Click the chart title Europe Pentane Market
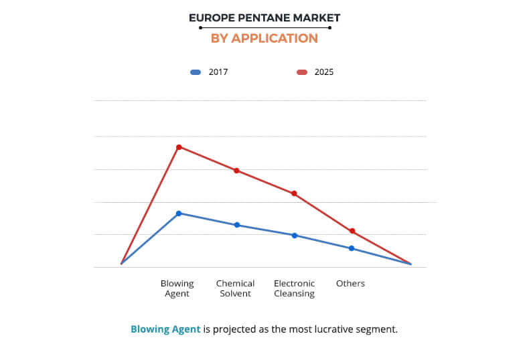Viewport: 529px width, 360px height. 264,17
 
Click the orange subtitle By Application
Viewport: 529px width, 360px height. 264,38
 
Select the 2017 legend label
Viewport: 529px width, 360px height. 218,72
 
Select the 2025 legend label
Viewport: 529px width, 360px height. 323,72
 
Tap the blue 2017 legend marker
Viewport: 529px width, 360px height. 196,72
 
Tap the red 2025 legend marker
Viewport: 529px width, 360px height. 302,72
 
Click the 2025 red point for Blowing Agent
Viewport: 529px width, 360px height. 179,147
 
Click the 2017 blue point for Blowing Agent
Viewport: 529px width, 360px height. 179,213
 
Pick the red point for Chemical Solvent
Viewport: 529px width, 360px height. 236,171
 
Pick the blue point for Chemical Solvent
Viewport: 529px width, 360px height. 236,225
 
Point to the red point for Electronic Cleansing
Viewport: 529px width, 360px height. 294,193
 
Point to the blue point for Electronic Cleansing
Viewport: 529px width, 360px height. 294,236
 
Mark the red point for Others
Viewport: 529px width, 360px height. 352,232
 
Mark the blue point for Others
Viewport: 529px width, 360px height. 352,248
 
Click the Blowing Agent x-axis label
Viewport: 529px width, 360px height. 177,288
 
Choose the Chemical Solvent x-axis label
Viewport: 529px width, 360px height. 234,288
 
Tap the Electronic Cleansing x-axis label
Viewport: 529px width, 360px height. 294,288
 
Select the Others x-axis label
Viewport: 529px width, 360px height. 350,284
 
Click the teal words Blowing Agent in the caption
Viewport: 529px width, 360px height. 165,329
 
